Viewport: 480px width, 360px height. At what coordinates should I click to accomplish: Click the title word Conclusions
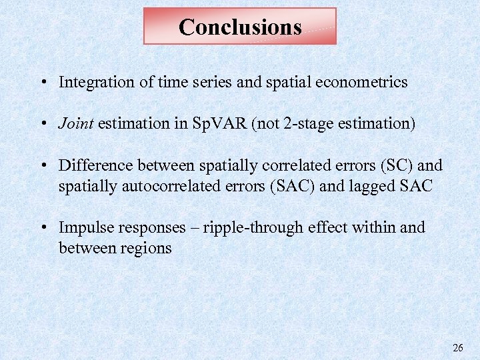[240, 27]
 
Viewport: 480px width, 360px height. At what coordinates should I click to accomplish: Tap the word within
[374, 227]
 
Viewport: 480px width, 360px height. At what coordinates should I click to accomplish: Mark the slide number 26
[457, 347]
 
